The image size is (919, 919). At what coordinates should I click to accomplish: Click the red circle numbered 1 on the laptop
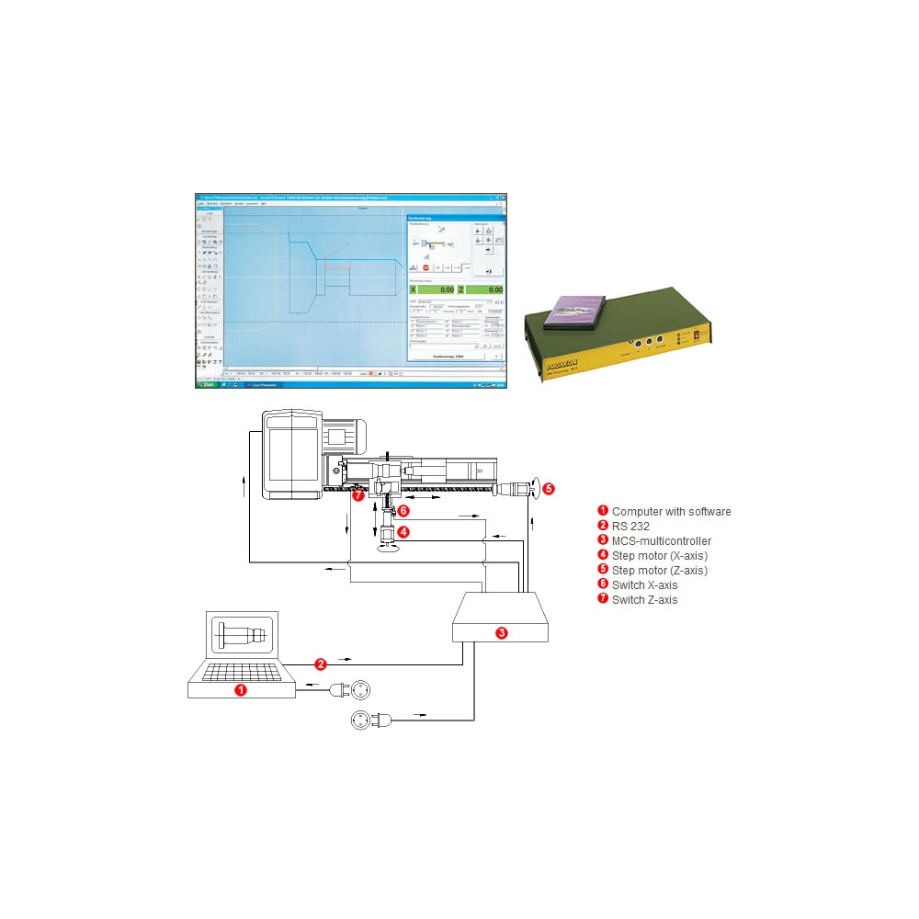(241, 689)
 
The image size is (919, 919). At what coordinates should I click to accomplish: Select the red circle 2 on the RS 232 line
(321, 663)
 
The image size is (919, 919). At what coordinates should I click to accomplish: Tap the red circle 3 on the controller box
(501, 632)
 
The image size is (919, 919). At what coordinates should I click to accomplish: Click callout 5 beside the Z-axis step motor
(549, 489)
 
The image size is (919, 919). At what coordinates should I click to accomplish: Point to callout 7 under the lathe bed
(358, 495)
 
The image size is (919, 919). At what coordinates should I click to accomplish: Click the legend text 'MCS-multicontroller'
(661, 541)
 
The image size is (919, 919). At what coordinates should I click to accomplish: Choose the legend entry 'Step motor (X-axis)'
(659, 556)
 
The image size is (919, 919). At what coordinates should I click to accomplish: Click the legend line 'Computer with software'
(671, 512)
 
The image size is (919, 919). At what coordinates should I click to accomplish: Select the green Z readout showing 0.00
(486, 289)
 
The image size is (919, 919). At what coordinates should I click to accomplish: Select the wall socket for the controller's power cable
(361, 722)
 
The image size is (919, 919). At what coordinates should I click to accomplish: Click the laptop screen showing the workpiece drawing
(242, 635)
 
